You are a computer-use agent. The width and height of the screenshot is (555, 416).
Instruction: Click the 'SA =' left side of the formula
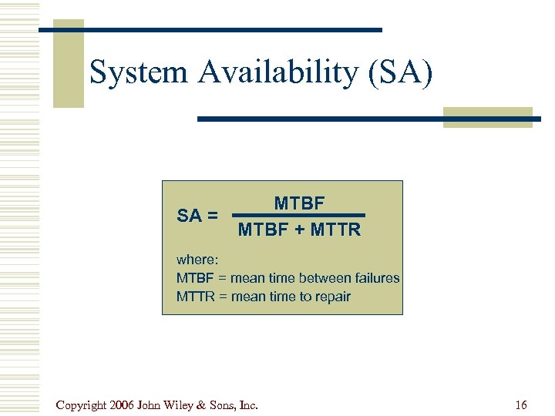coord(197,216)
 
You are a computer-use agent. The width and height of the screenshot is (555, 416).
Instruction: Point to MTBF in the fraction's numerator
coord(300,203)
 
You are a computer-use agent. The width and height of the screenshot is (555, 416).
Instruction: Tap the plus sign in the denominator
coord(294,230)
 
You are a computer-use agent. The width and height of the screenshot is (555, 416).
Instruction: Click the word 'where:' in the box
coord(198,260)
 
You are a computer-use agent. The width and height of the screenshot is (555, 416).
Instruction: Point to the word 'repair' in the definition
coord(331,297)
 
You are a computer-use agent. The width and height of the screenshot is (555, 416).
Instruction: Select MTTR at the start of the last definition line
coord(195,297)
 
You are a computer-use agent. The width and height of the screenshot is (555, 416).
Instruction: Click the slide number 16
coord(521,404)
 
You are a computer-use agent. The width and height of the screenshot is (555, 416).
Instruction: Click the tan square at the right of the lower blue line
coord(487,117)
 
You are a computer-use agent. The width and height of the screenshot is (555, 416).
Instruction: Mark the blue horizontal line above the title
coord(211,30)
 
